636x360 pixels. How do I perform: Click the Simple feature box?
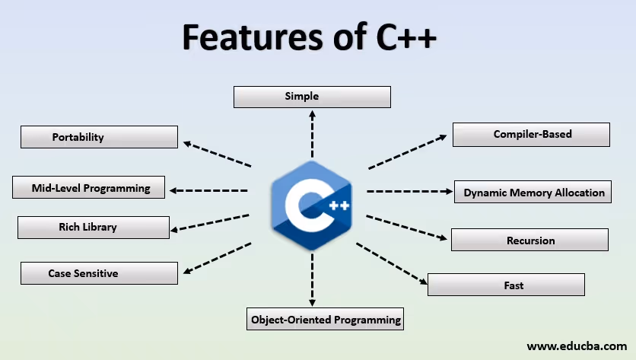[x=312, y=97]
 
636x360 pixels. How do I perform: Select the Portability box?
[x=99, y=137]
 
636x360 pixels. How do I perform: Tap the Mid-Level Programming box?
[x=89, y=188]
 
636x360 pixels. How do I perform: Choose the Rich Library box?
[x=93, y=227]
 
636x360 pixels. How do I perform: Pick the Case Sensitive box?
[x=99, y=273]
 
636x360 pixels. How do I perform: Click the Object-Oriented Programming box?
[x=326, y=320]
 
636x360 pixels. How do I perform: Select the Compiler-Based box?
[x=531, y=135]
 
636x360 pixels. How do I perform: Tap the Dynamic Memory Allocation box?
[x=533, y=193]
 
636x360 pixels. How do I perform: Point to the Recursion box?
[x=529, y=241]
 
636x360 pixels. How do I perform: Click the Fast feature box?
[x=506, y=285]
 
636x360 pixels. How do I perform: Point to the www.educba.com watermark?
[x=576, y=346]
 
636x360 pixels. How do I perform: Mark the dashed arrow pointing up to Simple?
[x=312, y=133]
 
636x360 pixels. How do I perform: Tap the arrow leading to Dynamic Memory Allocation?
[x=409, y=191]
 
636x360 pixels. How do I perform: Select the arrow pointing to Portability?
[x=218, y=154]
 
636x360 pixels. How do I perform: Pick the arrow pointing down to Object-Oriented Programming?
[x=312, y=279]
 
